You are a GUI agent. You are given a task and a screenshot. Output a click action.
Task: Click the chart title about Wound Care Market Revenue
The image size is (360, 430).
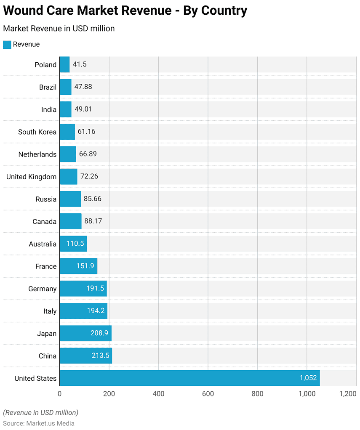tap(125, 11)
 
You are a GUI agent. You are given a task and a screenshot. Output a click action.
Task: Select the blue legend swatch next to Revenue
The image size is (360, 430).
tap(7, 45)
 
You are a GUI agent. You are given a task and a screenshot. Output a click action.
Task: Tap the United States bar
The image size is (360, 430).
tap(189, 378)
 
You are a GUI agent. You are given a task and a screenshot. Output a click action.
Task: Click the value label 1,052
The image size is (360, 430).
tap(308, 378)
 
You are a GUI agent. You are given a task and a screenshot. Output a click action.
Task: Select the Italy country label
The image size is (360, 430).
tap(50, 311)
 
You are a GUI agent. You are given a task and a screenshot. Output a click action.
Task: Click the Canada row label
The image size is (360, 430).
tap(44, 222)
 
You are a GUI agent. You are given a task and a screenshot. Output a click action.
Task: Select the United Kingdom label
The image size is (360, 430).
tap(31, 177)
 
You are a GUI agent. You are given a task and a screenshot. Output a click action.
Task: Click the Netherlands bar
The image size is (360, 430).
tap(68, 154)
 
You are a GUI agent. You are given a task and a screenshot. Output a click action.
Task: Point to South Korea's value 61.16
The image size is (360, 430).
tap(86, 132)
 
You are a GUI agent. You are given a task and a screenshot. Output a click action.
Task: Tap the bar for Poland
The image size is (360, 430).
tap(64, 65)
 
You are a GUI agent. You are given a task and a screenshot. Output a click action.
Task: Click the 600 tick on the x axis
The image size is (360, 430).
tap(208, 394)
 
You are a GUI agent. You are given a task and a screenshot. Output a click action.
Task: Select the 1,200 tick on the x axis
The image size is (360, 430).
tap(348, 394)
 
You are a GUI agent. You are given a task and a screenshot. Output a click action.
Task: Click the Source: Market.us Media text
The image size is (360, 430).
tap(39, 423)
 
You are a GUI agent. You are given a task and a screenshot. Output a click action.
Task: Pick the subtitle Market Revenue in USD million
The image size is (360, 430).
tap(59, 29)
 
